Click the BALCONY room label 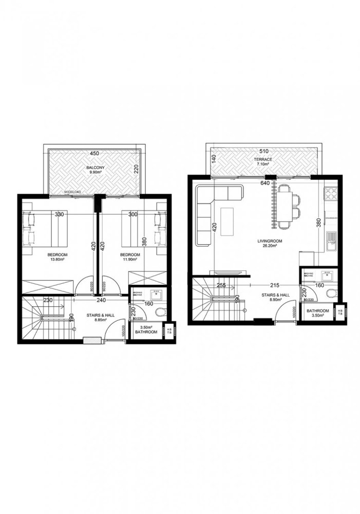(93, 168)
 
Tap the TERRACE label (262, 160)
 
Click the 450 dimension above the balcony (94, 153)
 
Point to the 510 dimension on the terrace (263, 151)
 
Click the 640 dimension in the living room (265, 182)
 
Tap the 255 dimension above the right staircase (221, 285)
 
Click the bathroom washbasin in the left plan (156, 295)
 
